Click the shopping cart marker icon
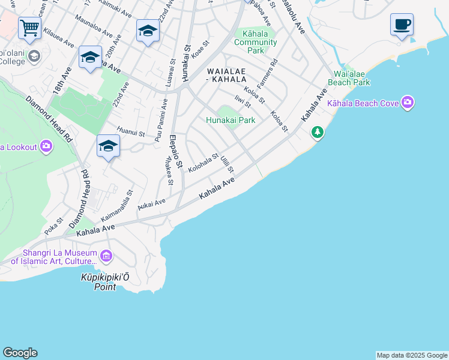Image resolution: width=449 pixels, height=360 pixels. tap(29, 28)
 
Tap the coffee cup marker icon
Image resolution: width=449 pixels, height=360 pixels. tap(402, 25)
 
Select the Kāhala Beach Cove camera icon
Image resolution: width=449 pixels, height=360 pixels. tap(408, 103)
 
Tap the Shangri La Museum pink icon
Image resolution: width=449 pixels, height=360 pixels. tap(106, 257)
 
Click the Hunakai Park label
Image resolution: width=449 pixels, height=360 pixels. tap(231, 120)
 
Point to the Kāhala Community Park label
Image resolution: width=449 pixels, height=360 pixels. tap(256, 42)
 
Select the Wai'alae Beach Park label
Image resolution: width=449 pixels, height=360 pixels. tap(348, 78)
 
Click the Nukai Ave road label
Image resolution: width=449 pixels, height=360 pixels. tap(151, 203)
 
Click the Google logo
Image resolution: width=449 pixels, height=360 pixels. tap(20, 353)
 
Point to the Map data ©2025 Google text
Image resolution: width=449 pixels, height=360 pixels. tap(412, 355)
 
